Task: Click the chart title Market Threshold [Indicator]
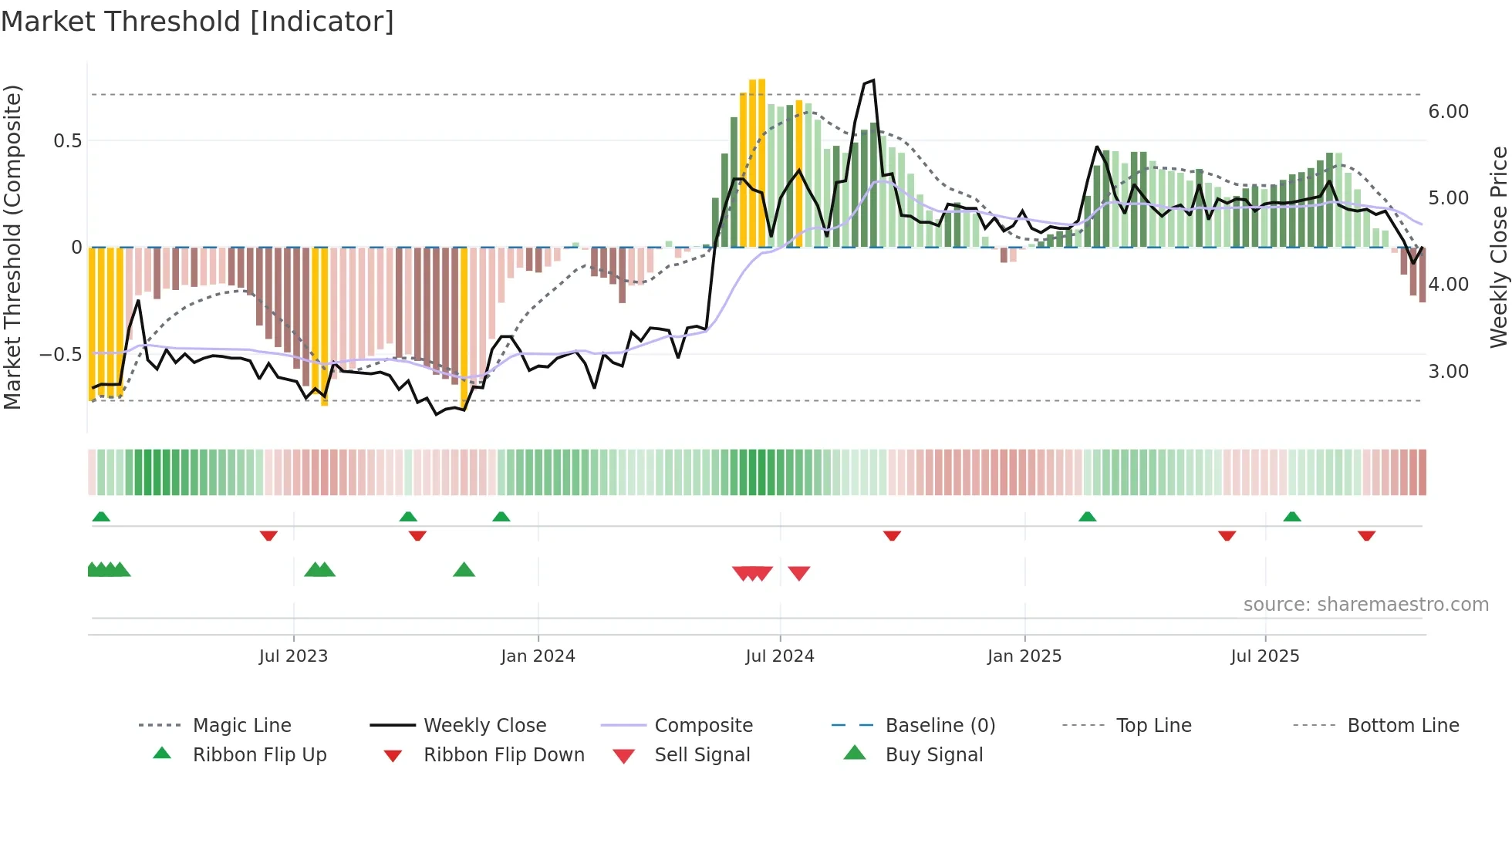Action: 197,22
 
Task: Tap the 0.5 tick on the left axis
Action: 67,140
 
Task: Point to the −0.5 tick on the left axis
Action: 60,355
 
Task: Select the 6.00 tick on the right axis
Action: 1448,112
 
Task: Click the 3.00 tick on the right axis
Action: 1448,372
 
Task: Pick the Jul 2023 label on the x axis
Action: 293,656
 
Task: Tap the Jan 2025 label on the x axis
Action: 1024,656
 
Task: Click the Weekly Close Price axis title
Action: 1497,247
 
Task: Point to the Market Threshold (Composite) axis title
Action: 12,247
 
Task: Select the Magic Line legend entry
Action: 241,726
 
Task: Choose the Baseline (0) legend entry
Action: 940,726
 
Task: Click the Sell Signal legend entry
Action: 701,755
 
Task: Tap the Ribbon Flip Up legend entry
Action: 259,755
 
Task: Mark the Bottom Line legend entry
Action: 1402,726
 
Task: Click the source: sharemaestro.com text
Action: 1365,605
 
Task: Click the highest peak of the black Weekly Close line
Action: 872,80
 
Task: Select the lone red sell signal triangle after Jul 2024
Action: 799,573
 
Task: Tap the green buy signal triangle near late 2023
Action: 464,570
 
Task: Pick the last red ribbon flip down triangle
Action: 1366,535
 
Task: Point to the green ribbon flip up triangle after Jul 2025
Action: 1292,517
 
